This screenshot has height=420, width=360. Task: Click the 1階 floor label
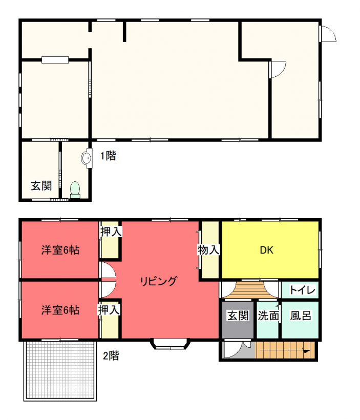pyautogui.click(x=108, y=156)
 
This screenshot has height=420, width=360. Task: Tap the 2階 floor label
pyautogui.click(x=111, y=355)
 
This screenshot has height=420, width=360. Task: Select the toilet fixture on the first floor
pyautogui.click(x=75, y=190)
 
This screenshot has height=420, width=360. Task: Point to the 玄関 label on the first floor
pyautogui.click(x=41, y=185)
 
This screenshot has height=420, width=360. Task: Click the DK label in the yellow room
pyautogui.click(x=266, y=250)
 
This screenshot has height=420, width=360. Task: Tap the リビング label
pyautogui.click(x=159, y=281)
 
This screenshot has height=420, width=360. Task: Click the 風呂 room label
pyautogui.click(x=301, y=316)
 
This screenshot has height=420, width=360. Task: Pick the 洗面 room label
pyautogui.click(x=268, y=316)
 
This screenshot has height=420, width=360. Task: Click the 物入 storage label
pyautogui.click(x=208, y=250)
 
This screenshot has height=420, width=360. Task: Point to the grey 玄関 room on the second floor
pyautogui.click(x=238, y=320)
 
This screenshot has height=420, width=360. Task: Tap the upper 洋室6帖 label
pyautogui.click(x=60, y=250)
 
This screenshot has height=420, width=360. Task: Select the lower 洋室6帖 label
pyautogui.click(x=60, y=310)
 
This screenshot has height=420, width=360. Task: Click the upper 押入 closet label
pyautogui.click(x=111, y=232)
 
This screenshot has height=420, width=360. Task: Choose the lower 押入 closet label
pyautogui.click(x=109, y=310)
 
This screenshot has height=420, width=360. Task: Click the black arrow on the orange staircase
pyautogui.click(x=306, y=350)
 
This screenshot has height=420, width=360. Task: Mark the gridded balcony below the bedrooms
pyautogui.click(x=60, y=371)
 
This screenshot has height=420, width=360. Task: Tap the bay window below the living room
pyautogui.click(x=171, y=345)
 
